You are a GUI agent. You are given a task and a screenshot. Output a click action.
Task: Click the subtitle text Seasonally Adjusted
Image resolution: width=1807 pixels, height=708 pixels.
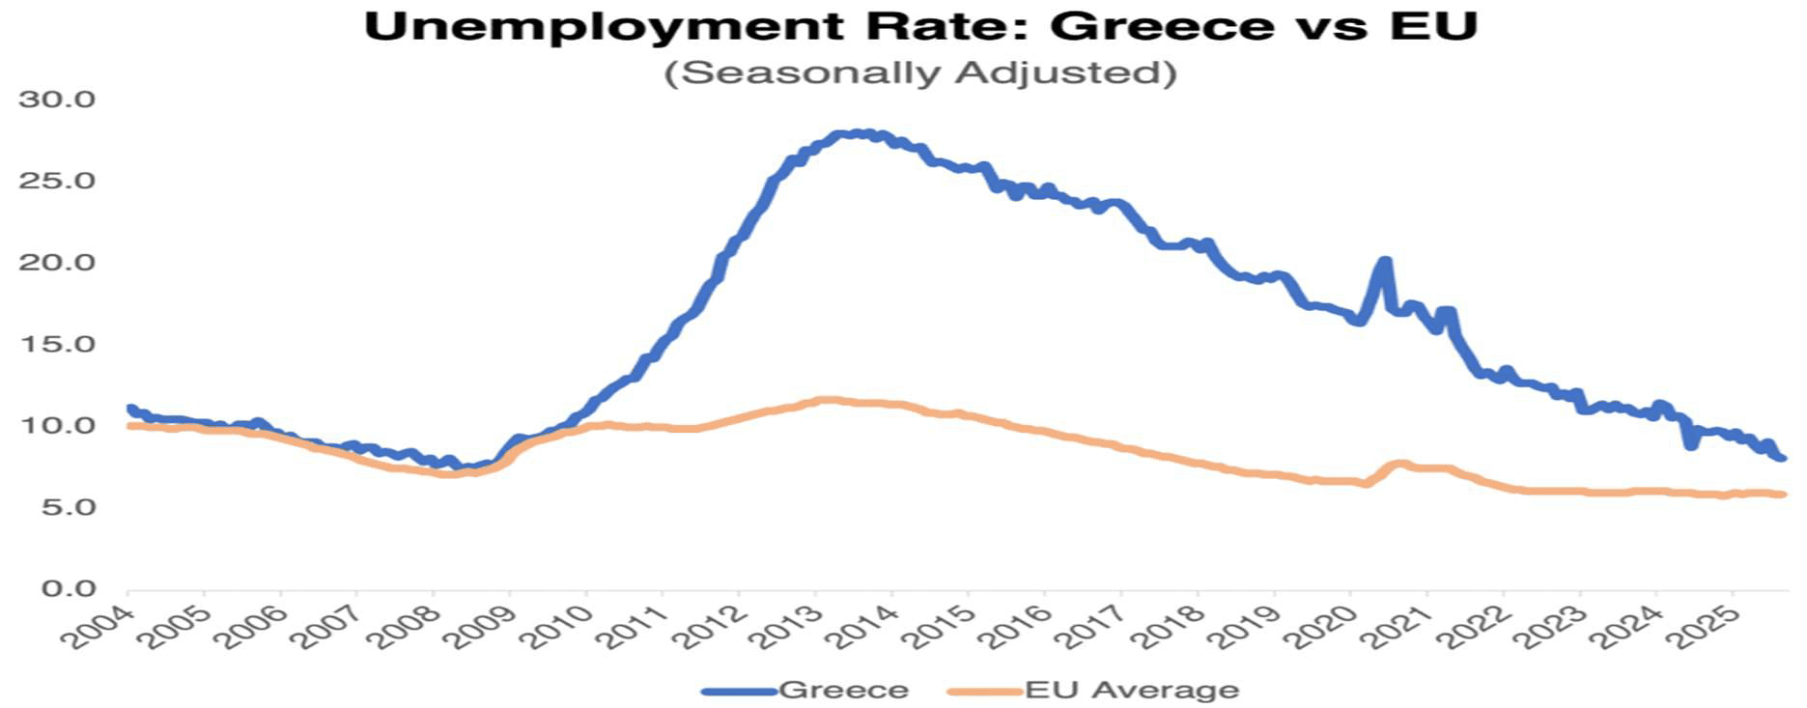pos(919,73)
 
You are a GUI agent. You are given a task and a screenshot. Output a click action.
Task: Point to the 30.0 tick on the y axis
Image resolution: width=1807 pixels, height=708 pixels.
pos(57,99)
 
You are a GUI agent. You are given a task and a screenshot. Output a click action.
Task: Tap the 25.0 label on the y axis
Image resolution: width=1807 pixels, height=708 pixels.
pos(57,182)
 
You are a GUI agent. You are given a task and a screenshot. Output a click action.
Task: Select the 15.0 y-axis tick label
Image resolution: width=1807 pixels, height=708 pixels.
pos(57,345)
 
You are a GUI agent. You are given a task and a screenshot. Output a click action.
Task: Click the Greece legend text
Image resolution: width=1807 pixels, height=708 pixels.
pos(843,690)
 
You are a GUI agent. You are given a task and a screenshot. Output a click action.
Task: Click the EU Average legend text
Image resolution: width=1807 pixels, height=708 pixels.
pos(1131,690)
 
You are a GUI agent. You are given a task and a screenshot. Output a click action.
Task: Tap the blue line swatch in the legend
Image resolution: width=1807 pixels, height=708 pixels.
pos(739,691)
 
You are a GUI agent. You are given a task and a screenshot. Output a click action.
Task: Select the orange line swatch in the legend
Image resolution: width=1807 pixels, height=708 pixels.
pos(984,691)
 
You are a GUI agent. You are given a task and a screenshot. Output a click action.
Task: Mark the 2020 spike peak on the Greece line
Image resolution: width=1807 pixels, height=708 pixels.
pos(1385,262)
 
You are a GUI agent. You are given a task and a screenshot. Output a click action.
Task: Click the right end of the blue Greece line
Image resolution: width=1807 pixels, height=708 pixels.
pos(1782,458)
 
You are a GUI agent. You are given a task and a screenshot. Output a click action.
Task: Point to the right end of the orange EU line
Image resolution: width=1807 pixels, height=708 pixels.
pos(1783,495)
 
